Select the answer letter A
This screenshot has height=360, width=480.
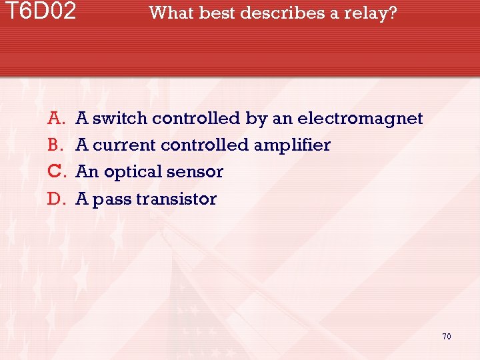point(55,119)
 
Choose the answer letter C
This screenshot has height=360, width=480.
point(55,172)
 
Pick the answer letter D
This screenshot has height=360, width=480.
point(55,199)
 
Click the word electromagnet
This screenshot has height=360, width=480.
point(360,119)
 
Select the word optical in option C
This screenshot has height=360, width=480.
point(131,172)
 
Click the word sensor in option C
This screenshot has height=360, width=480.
point(195,172)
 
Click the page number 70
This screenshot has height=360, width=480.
point(446,336)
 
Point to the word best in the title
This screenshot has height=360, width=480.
point(214,13)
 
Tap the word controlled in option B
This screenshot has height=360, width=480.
point(205,145)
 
